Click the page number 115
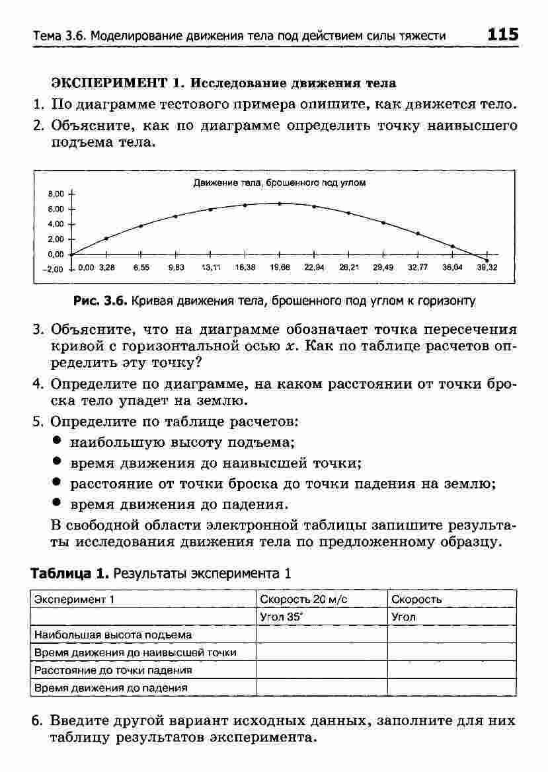click(503, 34)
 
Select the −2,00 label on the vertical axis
click(53, 270)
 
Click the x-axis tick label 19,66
click(279, 268)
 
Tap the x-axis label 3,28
click(106, 268)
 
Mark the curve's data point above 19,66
click(279, 204)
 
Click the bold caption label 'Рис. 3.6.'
click(100, 301)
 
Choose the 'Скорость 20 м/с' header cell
click(303, 599)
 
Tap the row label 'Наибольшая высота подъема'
click(113, 635)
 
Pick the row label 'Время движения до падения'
click(110, 687)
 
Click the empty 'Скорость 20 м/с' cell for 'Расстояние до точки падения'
click(321, 670)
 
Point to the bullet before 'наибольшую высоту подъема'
click(58, 441)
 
